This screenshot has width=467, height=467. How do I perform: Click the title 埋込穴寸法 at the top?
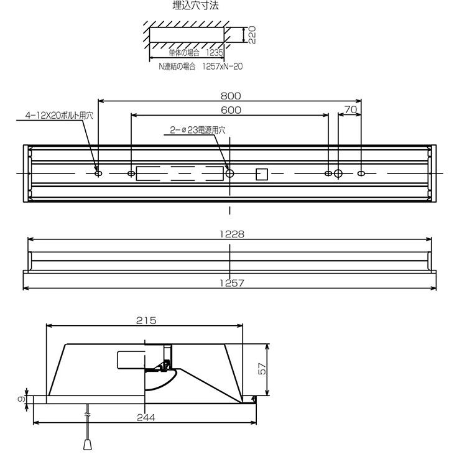(x=196, y=6)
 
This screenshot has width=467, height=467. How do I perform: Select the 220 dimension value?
(x=252, y=35)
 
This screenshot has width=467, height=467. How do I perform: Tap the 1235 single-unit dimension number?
(x=215, y=53)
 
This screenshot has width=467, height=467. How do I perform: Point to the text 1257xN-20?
(x=223, y=66)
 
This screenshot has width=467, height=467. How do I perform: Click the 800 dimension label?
(x=231, y=96)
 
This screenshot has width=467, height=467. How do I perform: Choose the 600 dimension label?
(x=231, y=110)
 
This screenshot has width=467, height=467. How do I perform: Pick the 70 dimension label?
(x=351, y=109)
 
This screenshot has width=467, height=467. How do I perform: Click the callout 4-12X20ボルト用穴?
(x=59, y=116)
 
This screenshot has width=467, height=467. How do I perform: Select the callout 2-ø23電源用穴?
(x=198, y=130)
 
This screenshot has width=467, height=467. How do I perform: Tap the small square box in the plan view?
(x=262, y=175)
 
